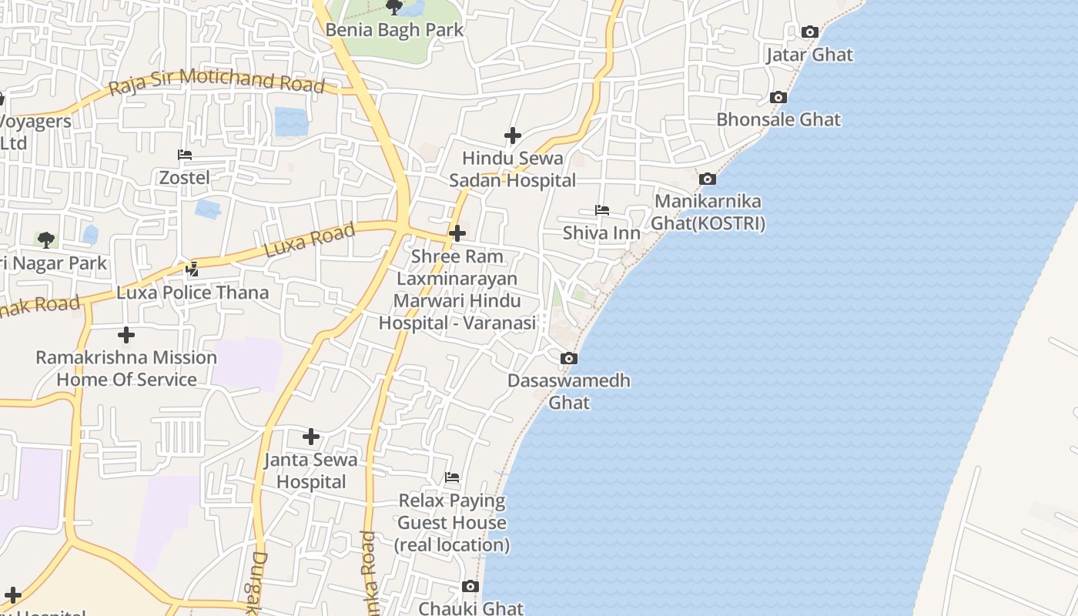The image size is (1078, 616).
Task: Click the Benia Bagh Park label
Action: [x=394, y=30]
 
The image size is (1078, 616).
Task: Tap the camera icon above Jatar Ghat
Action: [x=809, y=32]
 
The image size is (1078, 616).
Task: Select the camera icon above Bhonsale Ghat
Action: [x=778, y=97]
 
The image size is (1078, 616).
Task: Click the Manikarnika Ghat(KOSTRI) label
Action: [x=708, y=213]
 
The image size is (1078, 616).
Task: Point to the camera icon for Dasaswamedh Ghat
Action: [x=569, y=358]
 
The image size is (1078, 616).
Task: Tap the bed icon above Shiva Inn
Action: [x=601, y=209]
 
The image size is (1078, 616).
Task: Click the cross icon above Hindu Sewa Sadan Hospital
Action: [x=513, y=136]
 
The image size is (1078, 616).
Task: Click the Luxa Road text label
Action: [x=310, y=240]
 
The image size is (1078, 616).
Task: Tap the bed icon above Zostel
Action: [x=185, y=155]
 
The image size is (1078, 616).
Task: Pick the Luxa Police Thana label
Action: [x=192, y=293]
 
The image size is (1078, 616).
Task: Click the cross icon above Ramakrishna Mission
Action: [x=126, y=335]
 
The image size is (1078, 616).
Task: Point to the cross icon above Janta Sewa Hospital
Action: [x=311, y=437]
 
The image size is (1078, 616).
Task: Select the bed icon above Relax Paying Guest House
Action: [x=452, y=477]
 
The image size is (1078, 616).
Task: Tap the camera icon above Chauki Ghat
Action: [x=470, y=587]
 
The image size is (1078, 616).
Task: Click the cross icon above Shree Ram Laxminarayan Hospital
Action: [x=457, y=233]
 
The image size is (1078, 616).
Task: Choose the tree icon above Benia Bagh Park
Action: [x=394, y=8]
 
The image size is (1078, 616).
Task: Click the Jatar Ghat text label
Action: [x=809, y=55]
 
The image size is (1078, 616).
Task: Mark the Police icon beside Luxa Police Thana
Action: [x=192, y=269]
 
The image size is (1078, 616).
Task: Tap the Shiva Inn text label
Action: [x=601, y=233]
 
